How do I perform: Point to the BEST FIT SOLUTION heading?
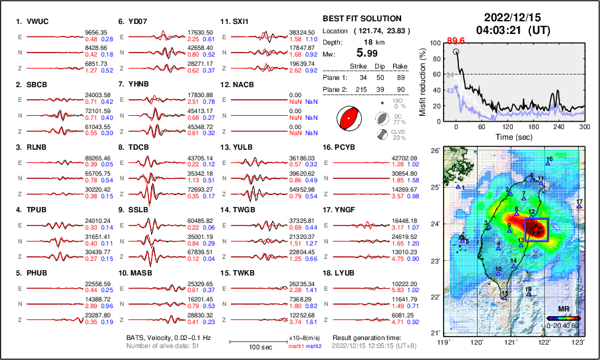tap(362, 18)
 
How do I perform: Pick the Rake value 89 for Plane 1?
tap(403, 77)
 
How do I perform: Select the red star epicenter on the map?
tap(536, 228)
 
